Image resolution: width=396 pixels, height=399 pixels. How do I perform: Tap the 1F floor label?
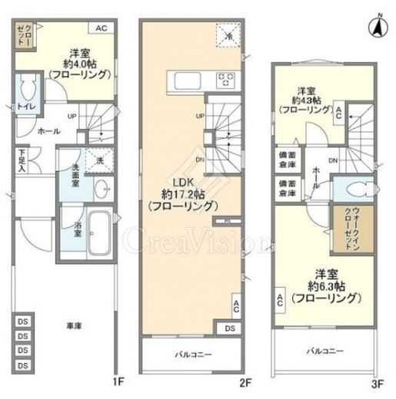pos(118,381)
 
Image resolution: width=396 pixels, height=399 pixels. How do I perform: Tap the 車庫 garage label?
pos(73,325)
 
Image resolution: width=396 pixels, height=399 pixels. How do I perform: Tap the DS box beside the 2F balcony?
pos(230,328)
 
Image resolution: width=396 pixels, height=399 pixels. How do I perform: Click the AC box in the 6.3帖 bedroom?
pos(281,300)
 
